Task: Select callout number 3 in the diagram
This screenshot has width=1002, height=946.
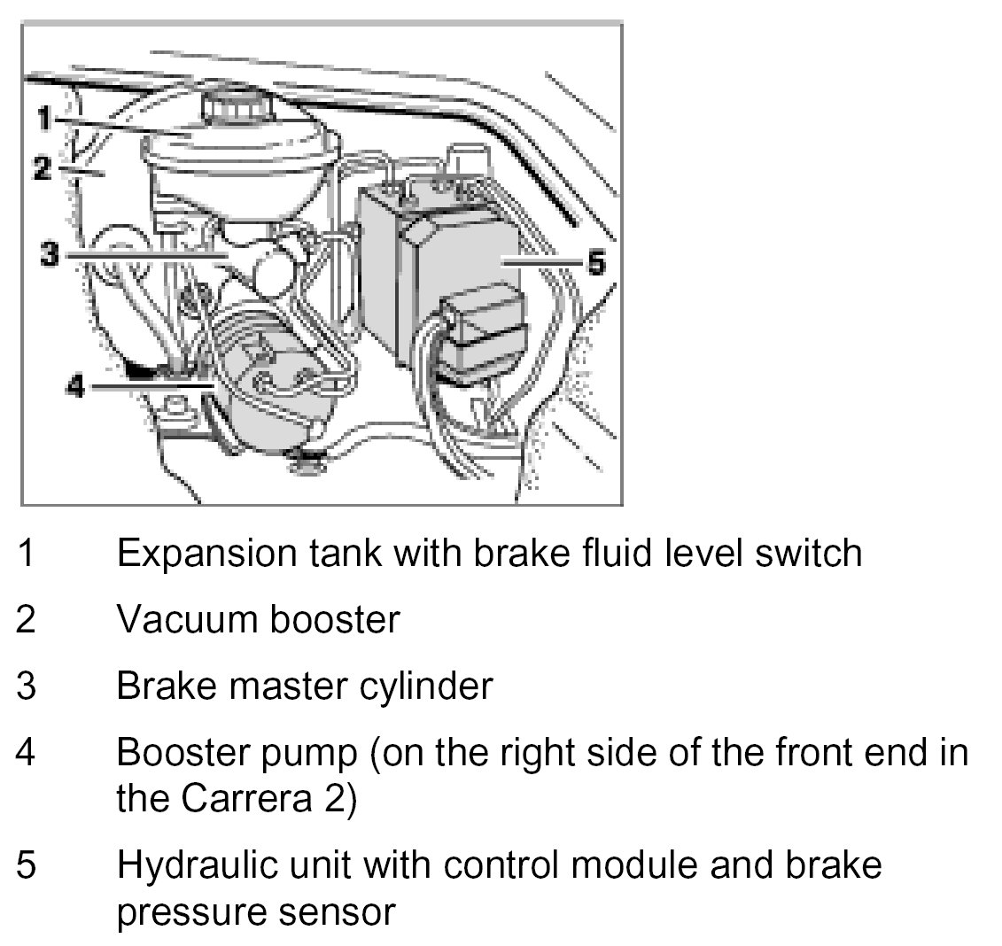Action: click(50, 255)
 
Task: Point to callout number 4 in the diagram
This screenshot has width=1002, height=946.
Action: click(76, 387)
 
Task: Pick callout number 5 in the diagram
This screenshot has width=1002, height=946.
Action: click(595, 262)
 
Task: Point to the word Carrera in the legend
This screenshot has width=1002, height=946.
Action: click(234, 798)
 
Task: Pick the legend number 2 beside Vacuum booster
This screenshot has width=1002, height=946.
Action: click(27, 619)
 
